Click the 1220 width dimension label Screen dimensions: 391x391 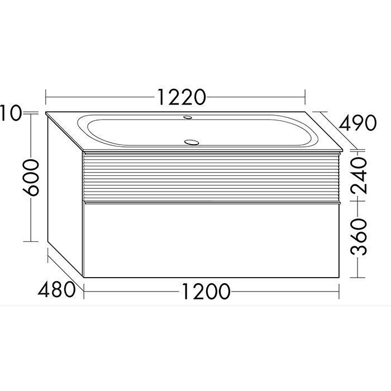(182, 97)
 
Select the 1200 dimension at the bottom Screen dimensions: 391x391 (206, 291)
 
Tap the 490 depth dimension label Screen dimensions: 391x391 (357, 123)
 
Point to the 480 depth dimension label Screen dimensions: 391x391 (56, 289)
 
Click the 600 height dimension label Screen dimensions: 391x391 (31, 177)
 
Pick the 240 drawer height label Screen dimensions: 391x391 (359, 175)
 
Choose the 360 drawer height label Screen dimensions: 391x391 (359, 237)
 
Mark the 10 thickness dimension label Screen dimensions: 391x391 (11, 113)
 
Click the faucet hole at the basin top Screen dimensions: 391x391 (188, 117)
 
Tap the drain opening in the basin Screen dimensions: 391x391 (192, 142)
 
